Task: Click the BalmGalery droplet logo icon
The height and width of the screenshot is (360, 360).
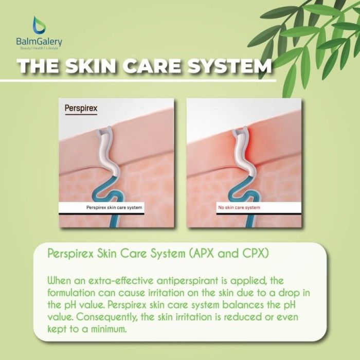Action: click(39, 25)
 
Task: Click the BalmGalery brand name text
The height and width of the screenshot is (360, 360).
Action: click(39, 42)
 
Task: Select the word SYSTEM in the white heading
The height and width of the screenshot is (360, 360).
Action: click(230, 66)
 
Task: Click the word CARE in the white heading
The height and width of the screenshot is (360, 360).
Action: click(152, 66)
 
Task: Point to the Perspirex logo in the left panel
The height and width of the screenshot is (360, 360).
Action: click(81, 109)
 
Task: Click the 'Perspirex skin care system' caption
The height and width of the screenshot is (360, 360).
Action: click(114, 208)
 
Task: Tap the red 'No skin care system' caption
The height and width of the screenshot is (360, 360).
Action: click(239, 208)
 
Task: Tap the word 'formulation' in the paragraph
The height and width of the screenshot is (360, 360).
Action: click(71, 293)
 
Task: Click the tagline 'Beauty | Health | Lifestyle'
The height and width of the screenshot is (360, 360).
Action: click(39, 48)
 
